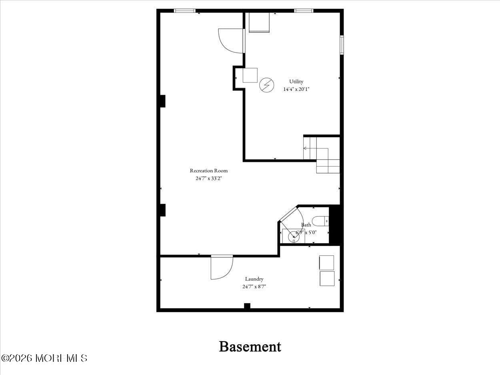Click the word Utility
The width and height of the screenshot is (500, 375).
[296, 82]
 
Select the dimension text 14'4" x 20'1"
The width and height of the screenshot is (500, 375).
[296, 89]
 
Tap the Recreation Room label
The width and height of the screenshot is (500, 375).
[208, 171]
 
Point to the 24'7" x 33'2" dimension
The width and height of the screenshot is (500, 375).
[208, 178]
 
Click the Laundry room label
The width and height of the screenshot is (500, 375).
[254, 279]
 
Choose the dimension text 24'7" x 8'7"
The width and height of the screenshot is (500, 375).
[254, 286]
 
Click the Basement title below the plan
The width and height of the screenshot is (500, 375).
[250, 346]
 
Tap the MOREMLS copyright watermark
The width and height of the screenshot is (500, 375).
[44, 358]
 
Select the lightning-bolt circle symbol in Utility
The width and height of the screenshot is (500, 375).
[267, 85]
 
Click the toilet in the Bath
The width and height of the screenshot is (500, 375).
[320, 221]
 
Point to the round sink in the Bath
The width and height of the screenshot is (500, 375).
[294, 237]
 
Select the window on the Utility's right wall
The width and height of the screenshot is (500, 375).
[342, 45]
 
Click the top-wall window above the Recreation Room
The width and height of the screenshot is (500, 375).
[184, 11]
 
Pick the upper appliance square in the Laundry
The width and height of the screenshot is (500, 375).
[326, 263]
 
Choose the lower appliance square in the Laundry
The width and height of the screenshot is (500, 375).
[327, 278]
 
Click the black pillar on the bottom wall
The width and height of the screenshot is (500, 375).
[247, 306]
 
